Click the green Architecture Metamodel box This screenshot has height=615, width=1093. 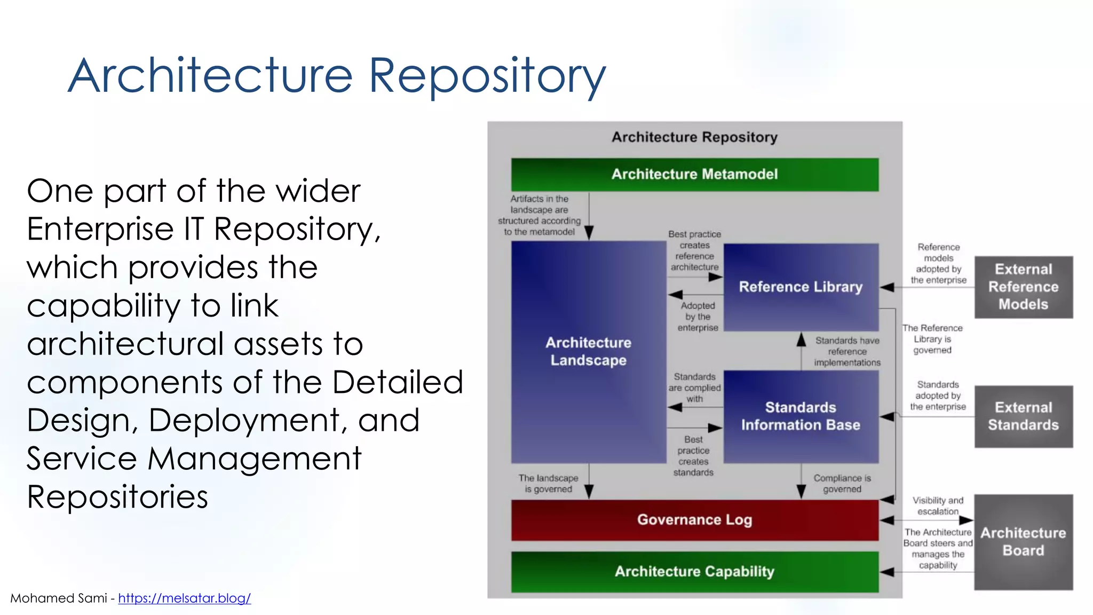pos(694,175)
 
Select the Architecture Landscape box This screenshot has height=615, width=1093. pos(588,351)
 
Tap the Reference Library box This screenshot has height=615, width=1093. pos(801,287)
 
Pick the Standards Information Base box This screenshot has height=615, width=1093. pos(801,416)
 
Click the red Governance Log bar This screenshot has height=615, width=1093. pos(694,520)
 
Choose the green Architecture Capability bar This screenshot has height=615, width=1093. pos(694,572)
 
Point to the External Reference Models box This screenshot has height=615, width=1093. pos(1023,287)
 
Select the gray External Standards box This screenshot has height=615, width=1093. pos(1023,416)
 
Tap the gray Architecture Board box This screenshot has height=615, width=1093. pos(1023,542)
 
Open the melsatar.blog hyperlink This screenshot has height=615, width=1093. pos(184,598)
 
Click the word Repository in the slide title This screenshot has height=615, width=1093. pos(487,76)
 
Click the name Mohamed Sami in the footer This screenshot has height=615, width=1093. pos(59,598)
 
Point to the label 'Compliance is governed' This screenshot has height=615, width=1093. pos(842,484)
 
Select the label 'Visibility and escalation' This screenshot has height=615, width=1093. pos(938,506)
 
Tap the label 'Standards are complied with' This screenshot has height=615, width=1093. pos(694,388)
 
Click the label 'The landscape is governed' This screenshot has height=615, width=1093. pos(548,484)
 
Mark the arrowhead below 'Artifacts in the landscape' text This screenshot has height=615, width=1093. pos(589,233)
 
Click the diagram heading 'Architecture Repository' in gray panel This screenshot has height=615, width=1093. pos(694,138)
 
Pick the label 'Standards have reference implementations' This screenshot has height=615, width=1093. pos(847,352)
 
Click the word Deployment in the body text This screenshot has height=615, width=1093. pos(243,420)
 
